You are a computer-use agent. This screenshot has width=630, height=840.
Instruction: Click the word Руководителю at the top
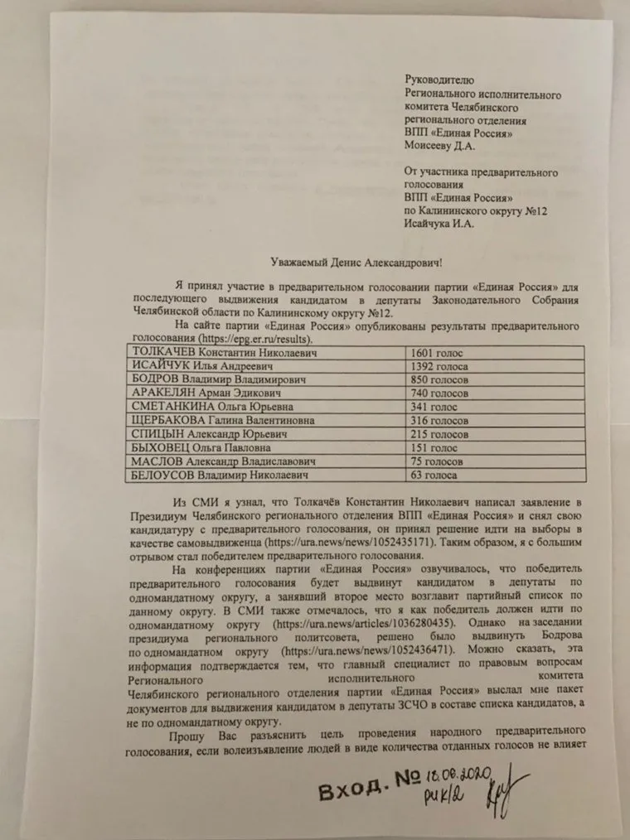pyautogui.click(x=439, y=80)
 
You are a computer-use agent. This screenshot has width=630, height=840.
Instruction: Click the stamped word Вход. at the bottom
pyautogui.click(x=352, y=790)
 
